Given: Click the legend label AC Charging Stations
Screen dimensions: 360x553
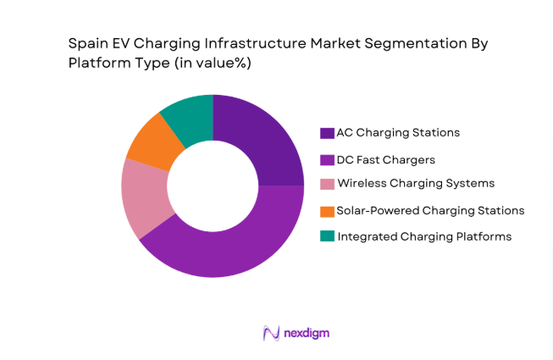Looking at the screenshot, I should click(386, 133).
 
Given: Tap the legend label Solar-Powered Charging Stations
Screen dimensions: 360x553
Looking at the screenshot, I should click(430, 210).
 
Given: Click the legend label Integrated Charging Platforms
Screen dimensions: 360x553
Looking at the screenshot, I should click(424, 236).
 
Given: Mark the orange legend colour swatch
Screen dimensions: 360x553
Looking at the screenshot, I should click(327, 211).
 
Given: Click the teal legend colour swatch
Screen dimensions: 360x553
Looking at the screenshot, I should click(327, 237).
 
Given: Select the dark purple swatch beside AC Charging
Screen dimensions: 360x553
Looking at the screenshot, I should click(327, 133).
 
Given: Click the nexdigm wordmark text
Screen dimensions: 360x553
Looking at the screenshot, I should click(307, 333).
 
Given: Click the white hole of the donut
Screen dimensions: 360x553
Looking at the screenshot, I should click(213, 186).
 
